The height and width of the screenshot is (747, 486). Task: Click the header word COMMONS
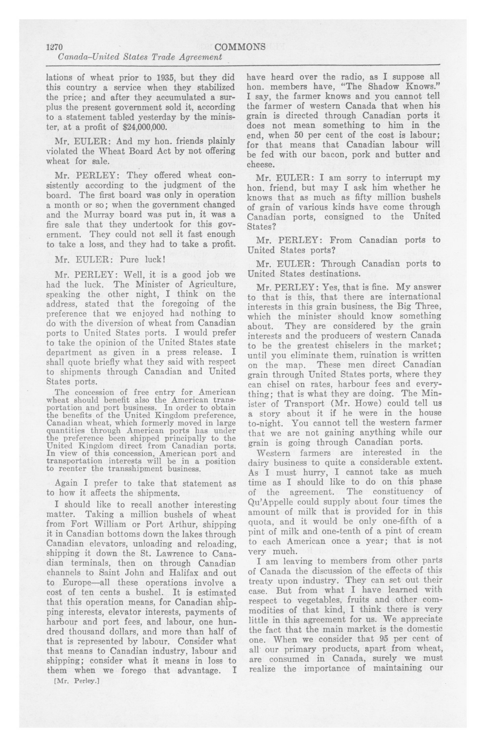click(x=240, y=46)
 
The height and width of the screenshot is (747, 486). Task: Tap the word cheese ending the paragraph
click(x=260, y=164)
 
